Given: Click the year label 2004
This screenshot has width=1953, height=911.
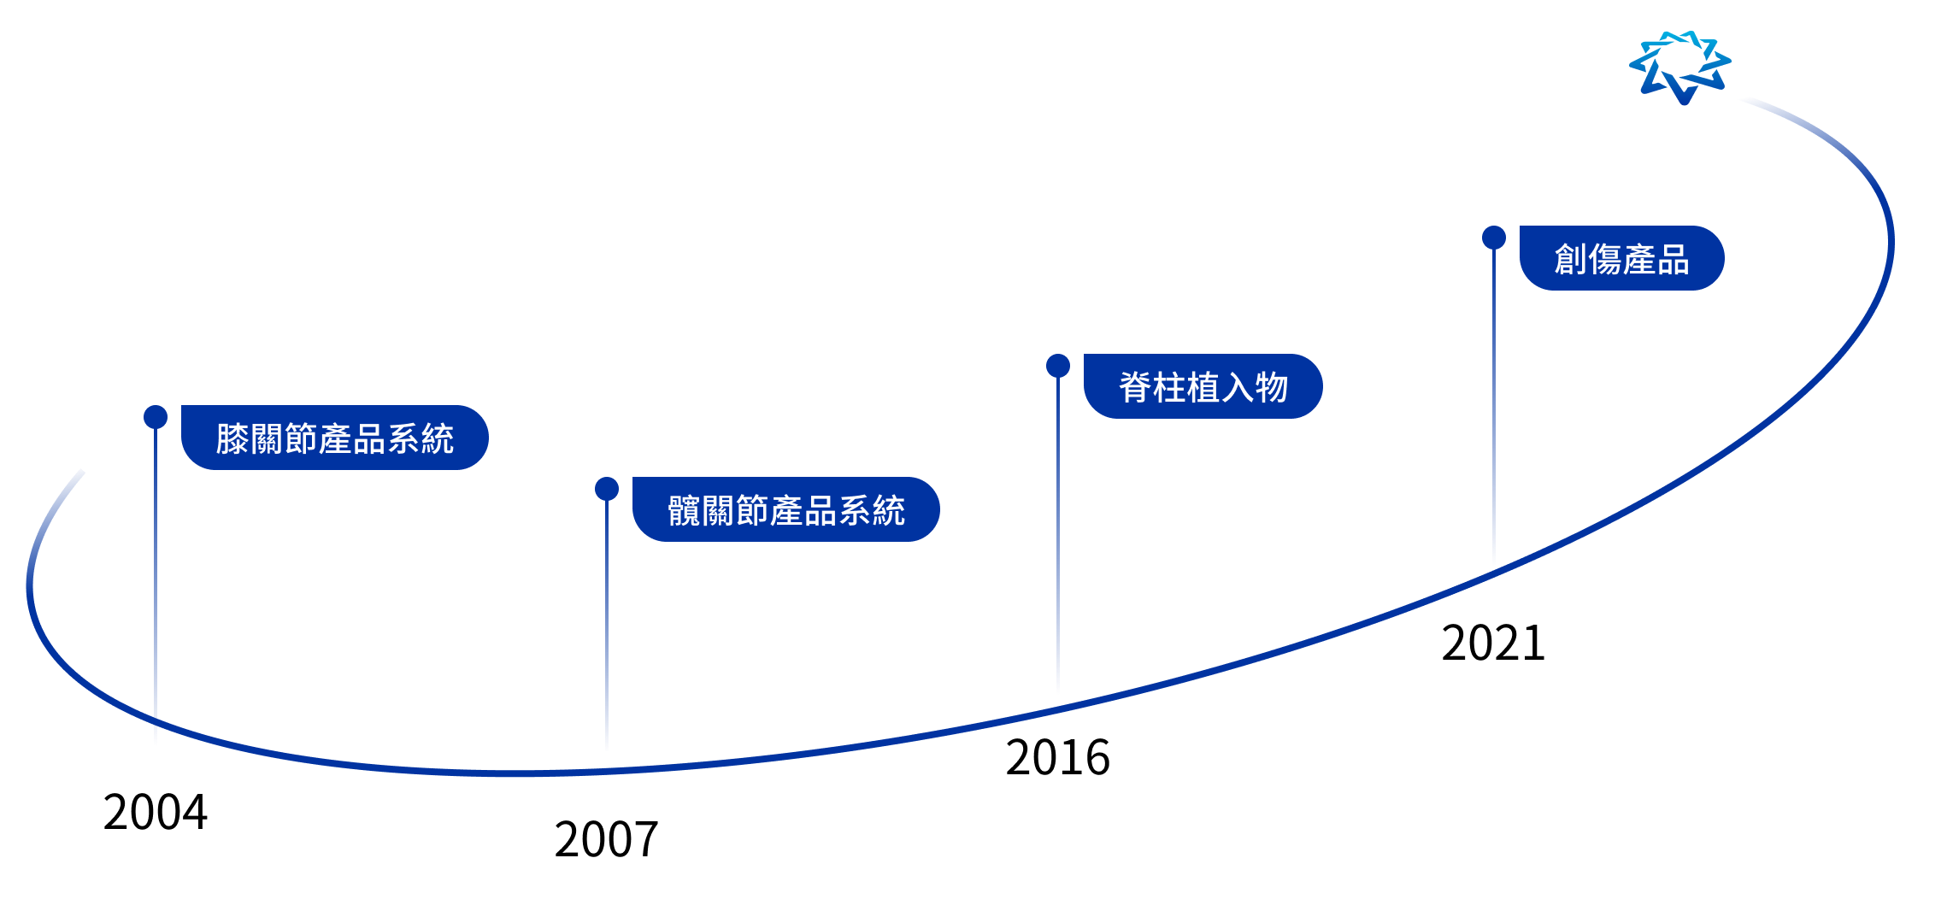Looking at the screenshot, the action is (x=156, y=812).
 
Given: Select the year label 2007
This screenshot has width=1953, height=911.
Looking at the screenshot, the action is (x=607, y=839).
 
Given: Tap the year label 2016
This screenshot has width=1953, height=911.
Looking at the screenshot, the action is (x=1058, y=757).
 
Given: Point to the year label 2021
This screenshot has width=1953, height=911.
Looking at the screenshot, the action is (x=1494, y=643).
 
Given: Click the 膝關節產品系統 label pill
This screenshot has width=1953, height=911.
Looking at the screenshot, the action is (x=335, y=438).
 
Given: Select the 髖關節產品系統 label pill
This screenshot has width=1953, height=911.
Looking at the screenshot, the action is (x=786, y=509).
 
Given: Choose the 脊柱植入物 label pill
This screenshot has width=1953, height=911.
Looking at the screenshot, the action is (x=1203, y=386).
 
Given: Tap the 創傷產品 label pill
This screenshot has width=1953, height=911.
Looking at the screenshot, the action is (x=1622, y=258).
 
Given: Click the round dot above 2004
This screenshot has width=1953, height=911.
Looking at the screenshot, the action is (x=156, y=417).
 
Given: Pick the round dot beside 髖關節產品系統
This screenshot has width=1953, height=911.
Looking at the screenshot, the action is (x=607, y=489).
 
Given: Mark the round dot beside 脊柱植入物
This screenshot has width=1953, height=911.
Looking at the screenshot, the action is (x=1058, y=366).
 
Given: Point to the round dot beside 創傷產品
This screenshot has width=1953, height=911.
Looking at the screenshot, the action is (x=1494, y=238).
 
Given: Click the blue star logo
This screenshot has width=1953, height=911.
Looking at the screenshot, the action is (x=1679, y=68).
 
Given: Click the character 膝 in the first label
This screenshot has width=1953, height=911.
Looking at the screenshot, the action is (x=232, y=438).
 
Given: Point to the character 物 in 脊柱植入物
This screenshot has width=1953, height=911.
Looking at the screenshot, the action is (x=1272, y=387).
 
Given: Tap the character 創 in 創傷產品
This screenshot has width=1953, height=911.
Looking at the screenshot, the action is (x=1571, y=259).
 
